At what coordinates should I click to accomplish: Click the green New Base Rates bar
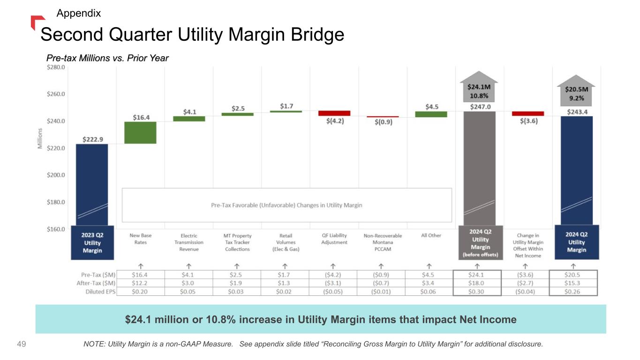(x=140, y=133)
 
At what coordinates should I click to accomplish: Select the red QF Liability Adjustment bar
(x=334, y=113)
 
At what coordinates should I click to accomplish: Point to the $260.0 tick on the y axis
(x=56, y=94)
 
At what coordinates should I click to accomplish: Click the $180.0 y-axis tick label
(x=56, y=202)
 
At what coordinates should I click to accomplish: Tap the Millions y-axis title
(x=40, y=139)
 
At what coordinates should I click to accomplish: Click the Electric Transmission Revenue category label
(x=189, y=242)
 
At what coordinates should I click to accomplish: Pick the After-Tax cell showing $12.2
(x=140, y=283)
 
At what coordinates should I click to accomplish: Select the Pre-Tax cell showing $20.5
(x=574, y=275)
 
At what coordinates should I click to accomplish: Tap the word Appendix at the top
(x=78, y=13)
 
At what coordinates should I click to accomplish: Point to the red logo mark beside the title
(x=37, y=21)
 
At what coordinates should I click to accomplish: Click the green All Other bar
(x=431, y=114)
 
